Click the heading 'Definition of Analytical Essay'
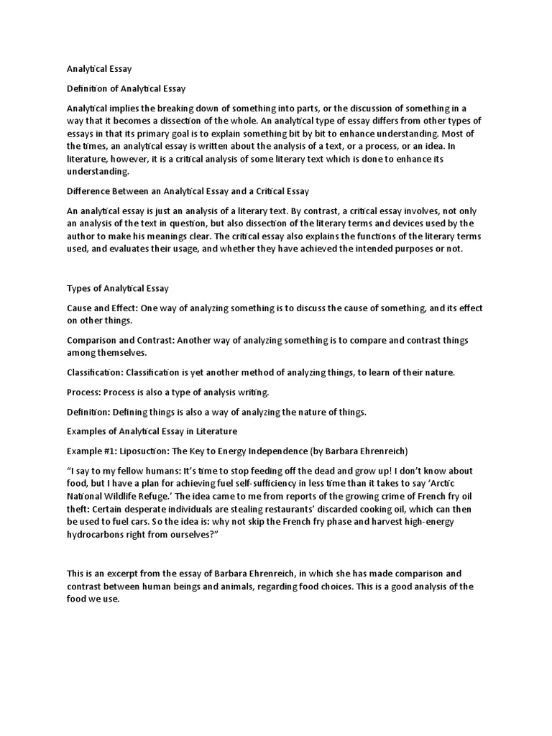click(x=126, y=88)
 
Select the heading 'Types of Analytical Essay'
click(x=117, y=288)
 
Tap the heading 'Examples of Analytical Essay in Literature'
click(x=152, y=431)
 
